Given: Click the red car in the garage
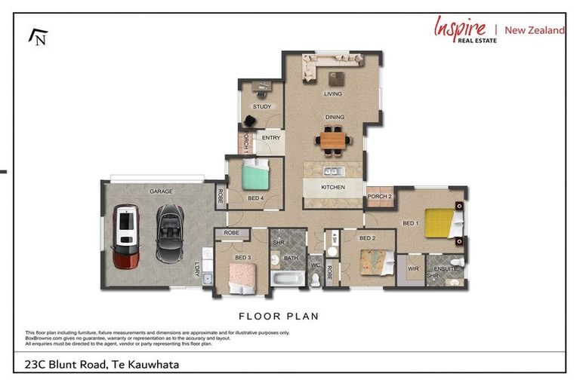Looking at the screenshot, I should point(126,237).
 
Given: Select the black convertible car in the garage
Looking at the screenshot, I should point(170,234).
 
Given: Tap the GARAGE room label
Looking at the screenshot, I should point(160,191).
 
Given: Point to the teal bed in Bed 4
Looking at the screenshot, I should point(256,178).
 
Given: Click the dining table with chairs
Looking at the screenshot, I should point(332,139).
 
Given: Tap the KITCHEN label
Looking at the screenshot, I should point(333,187).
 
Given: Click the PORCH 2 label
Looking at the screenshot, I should point(379,197).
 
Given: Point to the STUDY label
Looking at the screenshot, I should point(261,107).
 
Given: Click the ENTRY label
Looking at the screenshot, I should point(271,138).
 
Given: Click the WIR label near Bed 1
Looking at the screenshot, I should point(412,268).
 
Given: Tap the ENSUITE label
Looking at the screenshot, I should point(445,268).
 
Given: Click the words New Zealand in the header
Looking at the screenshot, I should point(535,30).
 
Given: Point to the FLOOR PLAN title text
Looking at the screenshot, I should point(279,316).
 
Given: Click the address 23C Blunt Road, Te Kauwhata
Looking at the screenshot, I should point(98,365).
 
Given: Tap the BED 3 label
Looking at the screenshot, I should point(242,258).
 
